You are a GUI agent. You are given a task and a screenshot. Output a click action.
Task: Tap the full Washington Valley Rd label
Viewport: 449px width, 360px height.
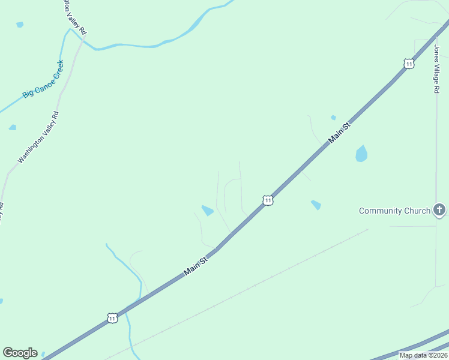[38, 137]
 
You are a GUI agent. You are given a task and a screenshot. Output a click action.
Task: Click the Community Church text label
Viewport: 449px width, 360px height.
[394, 211]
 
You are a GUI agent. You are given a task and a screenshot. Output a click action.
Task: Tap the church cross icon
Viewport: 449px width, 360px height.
[439, 210]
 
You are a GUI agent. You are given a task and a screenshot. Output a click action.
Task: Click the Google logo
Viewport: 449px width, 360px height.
[20, 353]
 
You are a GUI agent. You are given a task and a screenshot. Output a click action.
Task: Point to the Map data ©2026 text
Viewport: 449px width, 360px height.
[423, 355]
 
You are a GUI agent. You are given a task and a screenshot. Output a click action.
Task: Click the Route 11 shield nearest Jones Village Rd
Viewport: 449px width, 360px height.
[409, 64]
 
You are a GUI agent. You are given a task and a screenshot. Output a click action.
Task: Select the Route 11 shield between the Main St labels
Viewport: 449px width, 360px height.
[268, 200]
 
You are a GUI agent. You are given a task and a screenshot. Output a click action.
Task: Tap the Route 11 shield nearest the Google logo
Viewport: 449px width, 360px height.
[112, 318]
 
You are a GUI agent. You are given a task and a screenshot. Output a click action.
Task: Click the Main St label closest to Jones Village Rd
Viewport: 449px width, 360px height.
[339, 133]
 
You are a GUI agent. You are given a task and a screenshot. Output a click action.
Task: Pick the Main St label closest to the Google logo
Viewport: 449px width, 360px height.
[196, 266]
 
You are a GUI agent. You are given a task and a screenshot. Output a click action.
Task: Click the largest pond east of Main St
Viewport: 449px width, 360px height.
[361, 154]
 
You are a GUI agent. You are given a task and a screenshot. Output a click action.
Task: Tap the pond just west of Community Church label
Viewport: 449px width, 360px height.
[316, 205]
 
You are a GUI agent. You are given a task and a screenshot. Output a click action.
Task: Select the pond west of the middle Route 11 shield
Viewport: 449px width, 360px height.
[208, 211]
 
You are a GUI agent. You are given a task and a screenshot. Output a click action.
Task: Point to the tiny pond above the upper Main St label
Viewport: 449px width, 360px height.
[333, 118]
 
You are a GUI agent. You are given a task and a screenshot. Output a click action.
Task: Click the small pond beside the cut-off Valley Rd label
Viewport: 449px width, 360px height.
[20, 25]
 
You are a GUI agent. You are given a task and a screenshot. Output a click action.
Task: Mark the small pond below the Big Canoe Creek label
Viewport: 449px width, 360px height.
[13, 127]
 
